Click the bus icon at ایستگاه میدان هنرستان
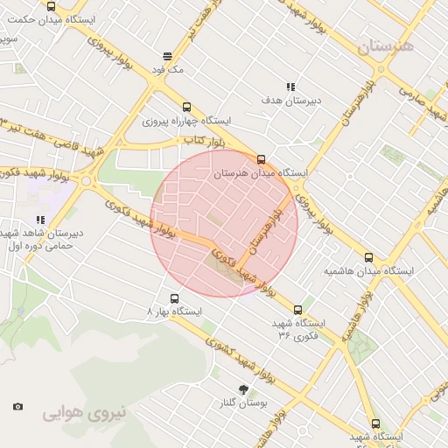pos(261,158)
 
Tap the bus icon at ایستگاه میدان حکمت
pos(51,4)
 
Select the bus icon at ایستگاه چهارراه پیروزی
pos(185,107)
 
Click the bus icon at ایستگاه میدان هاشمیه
pos(368,258)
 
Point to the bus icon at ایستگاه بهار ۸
pos(173,298)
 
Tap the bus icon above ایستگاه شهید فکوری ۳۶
pos(298,310)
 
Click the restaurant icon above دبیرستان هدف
pos(290,87)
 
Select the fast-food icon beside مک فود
pos(166,56)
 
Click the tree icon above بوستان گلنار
pos(242,389)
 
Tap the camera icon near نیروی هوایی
pos(17,406)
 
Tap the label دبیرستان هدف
pos(291,101)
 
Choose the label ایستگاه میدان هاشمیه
pos(368,271)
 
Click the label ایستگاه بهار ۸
pos(174,311)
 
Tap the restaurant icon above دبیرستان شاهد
pos(40,220)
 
